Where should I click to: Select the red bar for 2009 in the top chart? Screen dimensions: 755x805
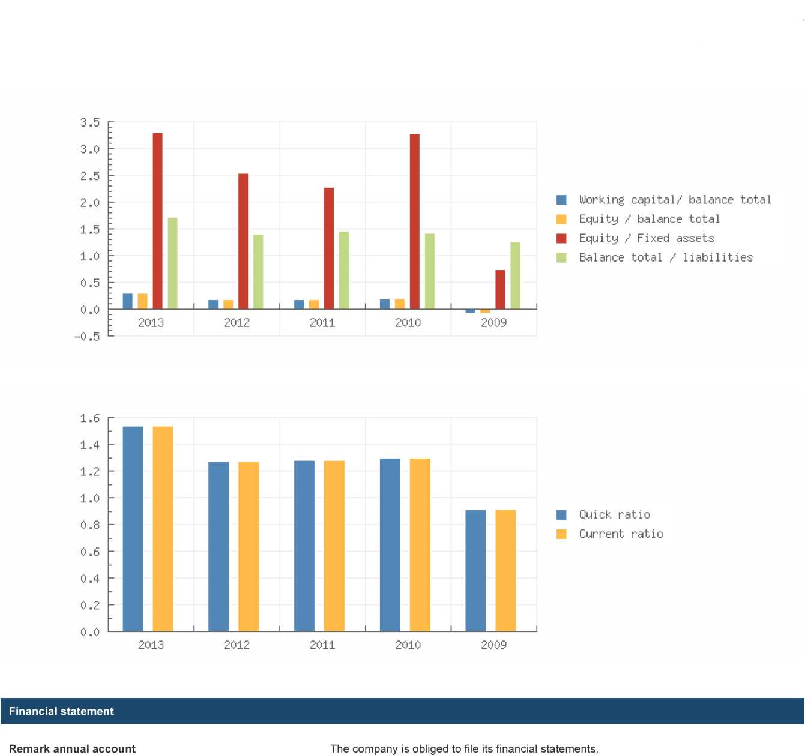coord(500,290)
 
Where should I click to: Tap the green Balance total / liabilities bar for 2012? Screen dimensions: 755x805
coord(258,272)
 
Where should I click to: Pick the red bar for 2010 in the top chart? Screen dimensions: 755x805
coord(414,221)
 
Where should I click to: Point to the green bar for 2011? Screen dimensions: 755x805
coord(344,270)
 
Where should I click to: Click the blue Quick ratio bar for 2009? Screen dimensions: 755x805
coord(475,570)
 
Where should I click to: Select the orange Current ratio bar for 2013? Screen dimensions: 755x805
coord(163,529)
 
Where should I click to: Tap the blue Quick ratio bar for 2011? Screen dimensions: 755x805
coord(304,546)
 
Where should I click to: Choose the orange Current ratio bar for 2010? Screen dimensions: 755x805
coord(420,545)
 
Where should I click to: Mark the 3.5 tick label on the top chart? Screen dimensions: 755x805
coord(90,122)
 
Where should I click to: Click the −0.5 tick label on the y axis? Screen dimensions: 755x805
coord(87,336)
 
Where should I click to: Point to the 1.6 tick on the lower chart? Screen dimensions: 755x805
coord(90,418)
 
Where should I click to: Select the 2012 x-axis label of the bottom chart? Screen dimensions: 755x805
coord(237,645)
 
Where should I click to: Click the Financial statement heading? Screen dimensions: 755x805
coord(61,711)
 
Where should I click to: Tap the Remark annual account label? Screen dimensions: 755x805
coord(72,748)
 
